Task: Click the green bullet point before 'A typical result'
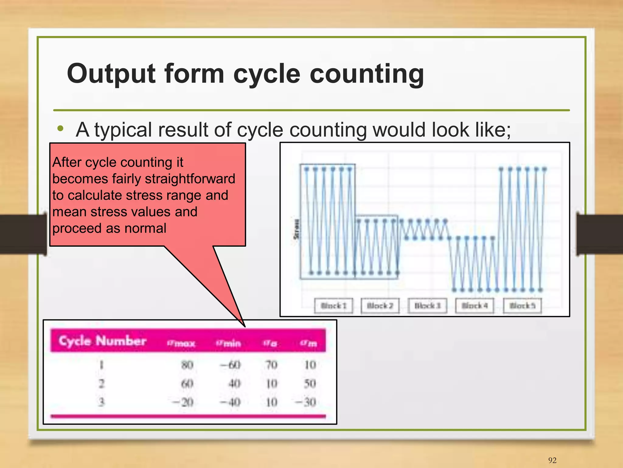pos(61,129)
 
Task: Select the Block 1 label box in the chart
pos(333,306)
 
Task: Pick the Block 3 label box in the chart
pos(427,306)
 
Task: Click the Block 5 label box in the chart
pos(522,306)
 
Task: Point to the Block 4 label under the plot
pos(475,306)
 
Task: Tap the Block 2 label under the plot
pos(380,306)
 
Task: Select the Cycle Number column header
pos(103,341)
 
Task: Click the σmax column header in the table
pos(181,343)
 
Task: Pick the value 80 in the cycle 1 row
pos(187,365)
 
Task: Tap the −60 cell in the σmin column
pos(231,365)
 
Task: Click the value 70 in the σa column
pos(271,365)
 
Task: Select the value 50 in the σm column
pos(310,383)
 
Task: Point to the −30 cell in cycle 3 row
pos(306,402)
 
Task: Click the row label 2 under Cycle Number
pos(102,383)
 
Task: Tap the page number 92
pos(552,460)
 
